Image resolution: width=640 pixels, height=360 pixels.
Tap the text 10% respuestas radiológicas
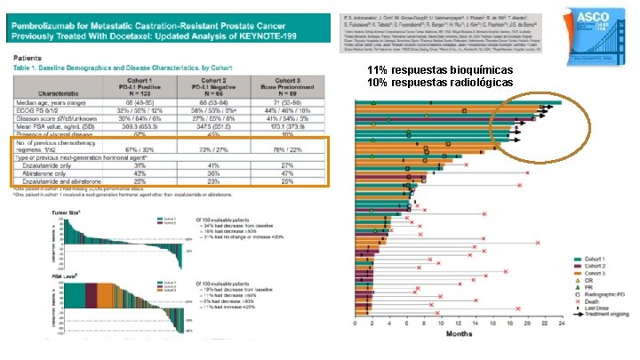(x=439, y=83)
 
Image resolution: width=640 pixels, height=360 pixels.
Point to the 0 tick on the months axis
(x=355, y=325)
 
